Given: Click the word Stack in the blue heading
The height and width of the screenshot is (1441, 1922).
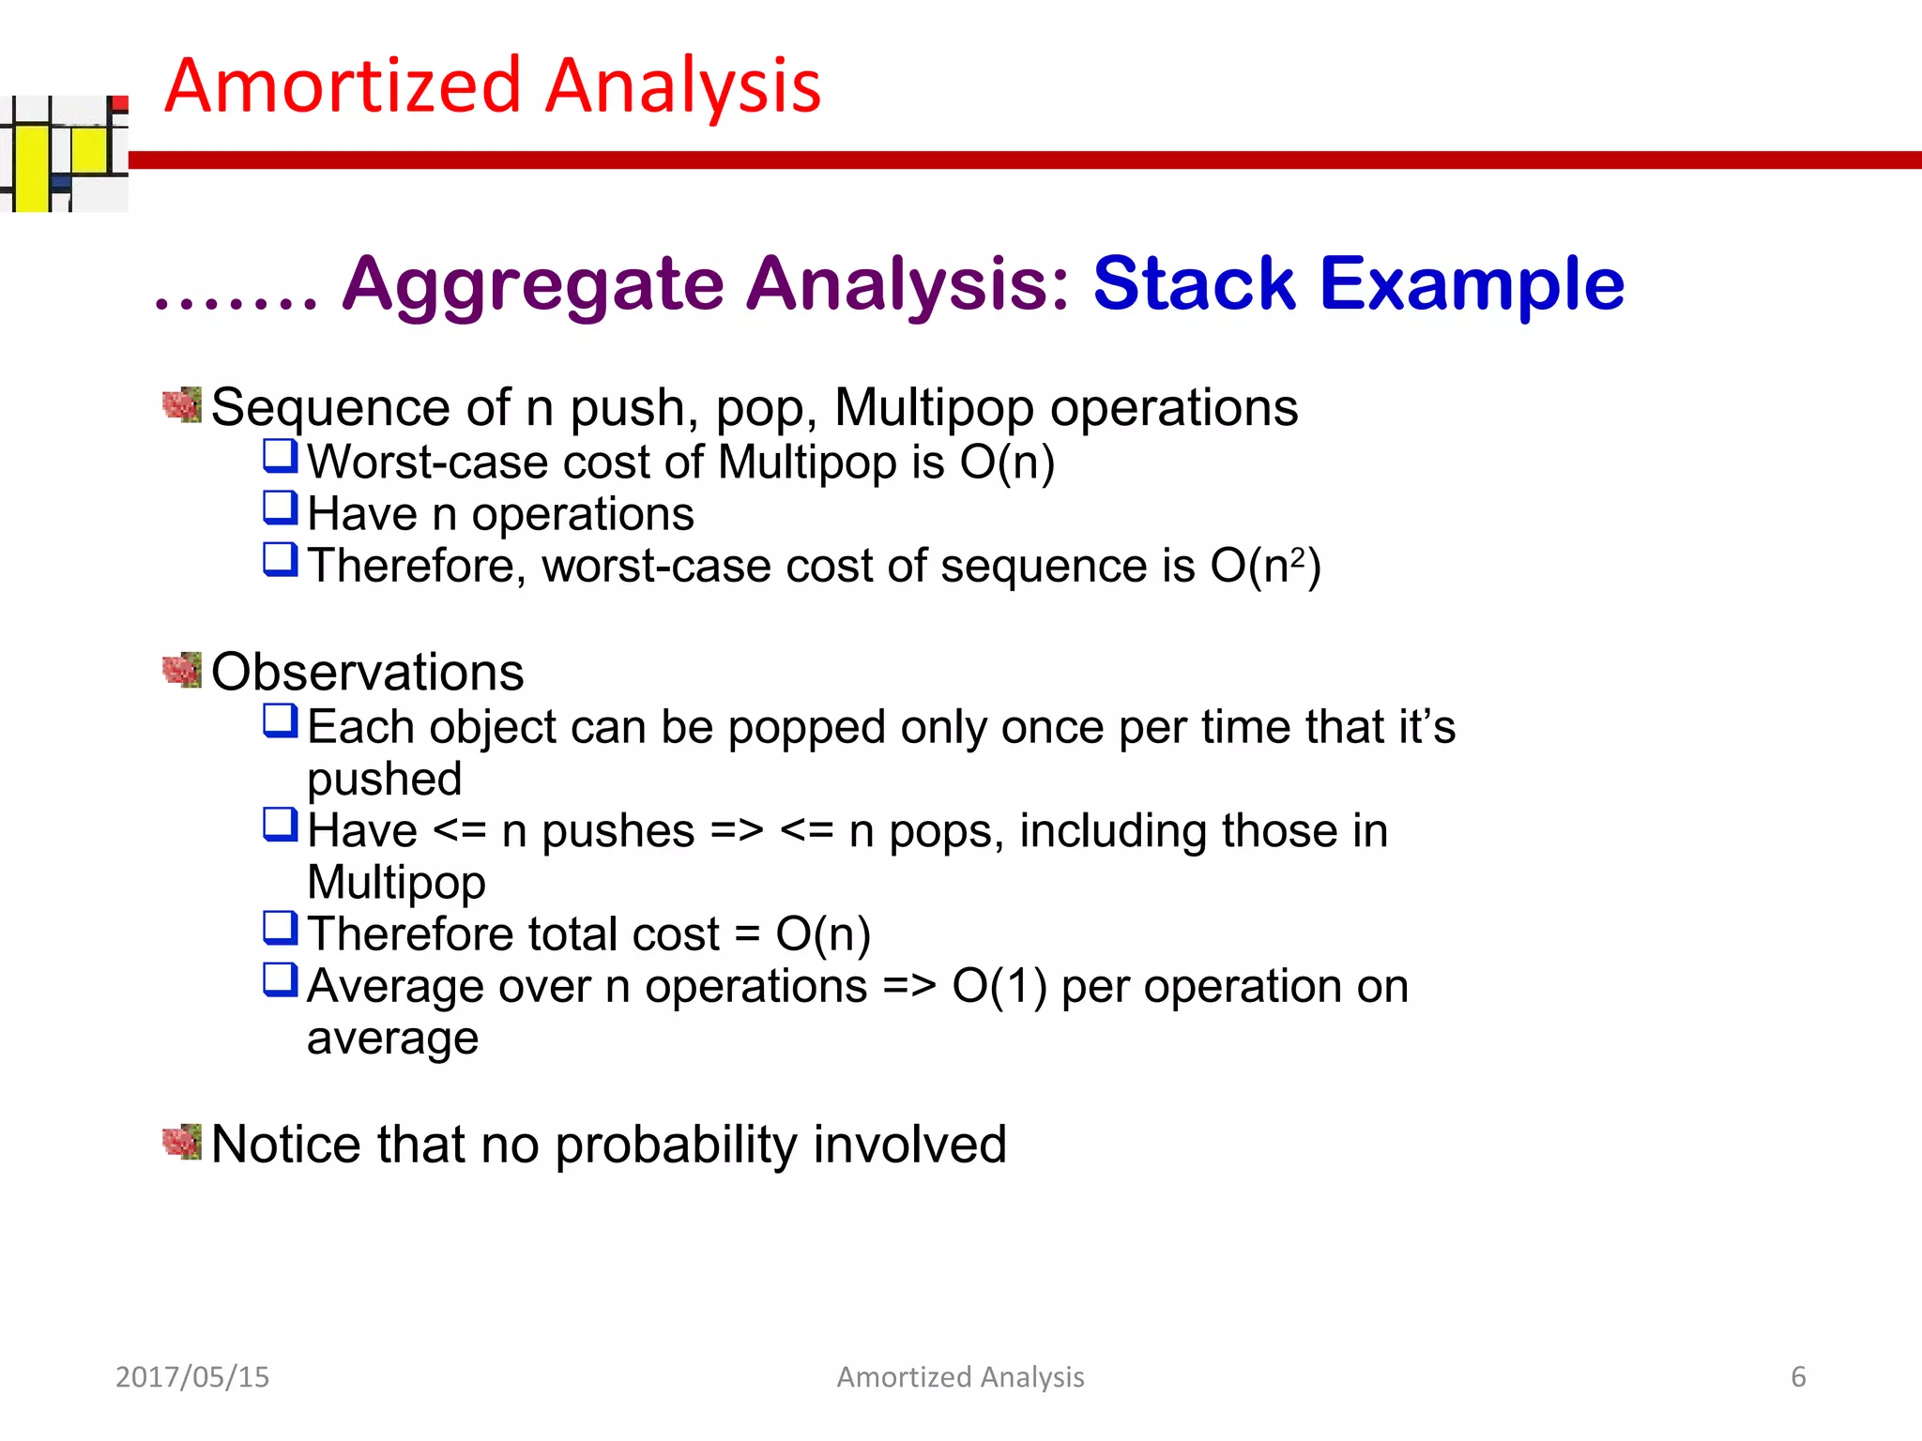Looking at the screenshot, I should [x=1194, y=283].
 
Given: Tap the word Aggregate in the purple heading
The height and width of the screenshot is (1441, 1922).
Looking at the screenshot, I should [x=533, y=285].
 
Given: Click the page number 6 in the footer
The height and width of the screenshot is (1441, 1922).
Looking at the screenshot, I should [x=1798, y=1376].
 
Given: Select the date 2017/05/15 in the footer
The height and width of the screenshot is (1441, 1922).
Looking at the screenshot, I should [x=192, y=1376].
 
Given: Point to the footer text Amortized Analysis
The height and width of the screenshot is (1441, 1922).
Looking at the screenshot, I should [x=960, y=1376].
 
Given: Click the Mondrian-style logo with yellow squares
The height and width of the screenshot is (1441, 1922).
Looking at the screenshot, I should [x=64, y=154].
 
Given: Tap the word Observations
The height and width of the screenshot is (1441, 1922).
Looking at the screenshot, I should [x=367, y=672].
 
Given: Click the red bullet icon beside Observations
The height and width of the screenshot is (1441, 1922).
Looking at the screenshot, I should [x=182, y=670].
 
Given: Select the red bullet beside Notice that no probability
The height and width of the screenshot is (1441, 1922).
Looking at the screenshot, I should [x=182, y=1142].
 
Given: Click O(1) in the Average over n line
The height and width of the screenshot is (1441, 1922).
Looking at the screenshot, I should [x=999, y=986].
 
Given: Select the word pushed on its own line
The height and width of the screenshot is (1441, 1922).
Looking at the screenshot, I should [x=385, y=780].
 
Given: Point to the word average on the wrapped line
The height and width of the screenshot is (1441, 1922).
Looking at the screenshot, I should [x=392, y=1039].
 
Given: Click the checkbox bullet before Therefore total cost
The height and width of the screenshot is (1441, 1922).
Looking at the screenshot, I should [x=281, y=928].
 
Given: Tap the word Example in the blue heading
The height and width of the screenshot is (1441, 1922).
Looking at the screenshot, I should [x=1472, y=283].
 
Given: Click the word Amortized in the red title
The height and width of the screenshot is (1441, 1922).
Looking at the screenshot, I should [x=343, y=86].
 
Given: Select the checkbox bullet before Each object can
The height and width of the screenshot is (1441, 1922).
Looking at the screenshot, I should [x=281, y=720].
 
